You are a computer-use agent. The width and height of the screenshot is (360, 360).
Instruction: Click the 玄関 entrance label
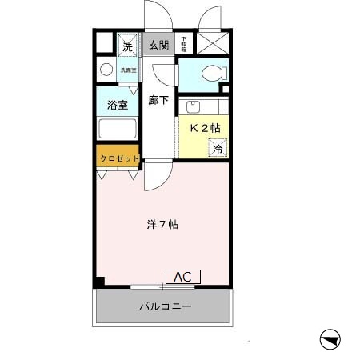pyautogui.click(x=158, y=45)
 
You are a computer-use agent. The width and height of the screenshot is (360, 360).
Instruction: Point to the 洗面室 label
pyautogui.click(x=128, y=70)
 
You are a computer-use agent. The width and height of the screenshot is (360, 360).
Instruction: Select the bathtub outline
pyautogui.click(x=118, y=130)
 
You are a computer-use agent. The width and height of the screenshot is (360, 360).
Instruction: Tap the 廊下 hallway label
pyautogui.click(x=158, y=101)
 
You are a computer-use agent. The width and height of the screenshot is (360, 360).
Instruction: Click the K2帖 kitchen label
pyautogui.click(x=206, y=128)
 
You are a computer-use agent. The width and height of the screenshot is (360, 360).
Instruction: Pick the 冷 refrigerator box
pyautogui.click(x=217, y=147)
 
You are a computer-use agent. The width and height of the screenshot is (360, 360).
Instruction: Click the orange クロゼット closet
pyautogui.click(x=119, y=158)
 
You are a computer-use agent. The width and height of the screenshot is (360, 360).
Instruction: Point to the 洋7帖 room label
pyautogui.click(x=162, y=225)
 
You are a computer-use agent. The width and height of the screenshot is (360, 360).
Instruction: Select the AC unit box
pyautogui.click(x=182, y=277)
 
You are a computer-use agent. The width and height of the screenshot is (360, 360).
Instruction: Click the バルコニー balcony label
pyautogui.click(x=165, y=306)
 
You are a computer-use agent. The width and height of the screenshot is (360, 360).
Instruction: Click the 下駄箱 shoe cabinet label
pyautogui.click(x=182, y=44)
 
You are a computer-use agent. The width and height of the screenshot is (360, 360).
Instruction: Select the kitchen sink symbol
pyautogui.click(x=193, y=106)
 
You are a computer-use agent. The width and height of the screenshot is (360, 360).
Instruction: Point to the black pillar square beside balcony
pyautogui.click(x=99, y=282)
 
